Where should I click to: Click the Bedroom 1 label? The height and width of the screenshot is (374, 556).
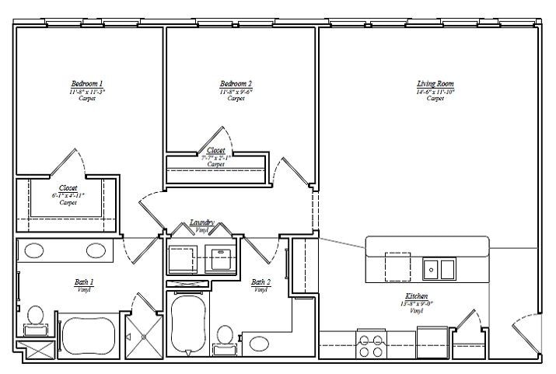click(x=87, y=82)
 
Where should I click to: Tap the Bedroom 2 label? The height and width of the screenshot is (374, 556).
click(x=236, y=82)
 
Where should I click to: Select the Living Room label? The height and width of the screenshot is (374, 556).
click(x=435, y=83)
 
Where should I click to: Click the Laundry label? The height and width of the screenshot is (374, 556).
click(x=202, y=222)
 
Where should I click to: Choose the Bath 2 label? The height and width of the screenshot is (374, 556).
click(x=261, y=282)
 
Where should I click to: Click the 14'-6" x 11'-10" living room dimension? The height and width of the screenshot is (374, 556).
click(x=435, y=91)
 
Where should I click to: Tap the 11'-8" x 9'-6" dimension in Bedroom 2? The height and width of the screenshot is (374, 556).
click(x=236, y=91)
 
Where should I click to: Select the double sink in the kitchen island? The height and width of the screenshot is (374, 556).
click(x=439, y=269)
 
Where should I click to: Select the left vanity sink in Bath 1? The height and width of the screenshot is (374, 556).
click(x=33, y=251)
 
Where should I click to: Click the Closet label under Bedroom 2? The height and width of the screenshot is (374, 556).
click(x=215, y=150)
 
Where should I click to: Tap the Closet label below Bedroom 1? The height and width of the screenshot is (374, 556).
click(x=68, y=187)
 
